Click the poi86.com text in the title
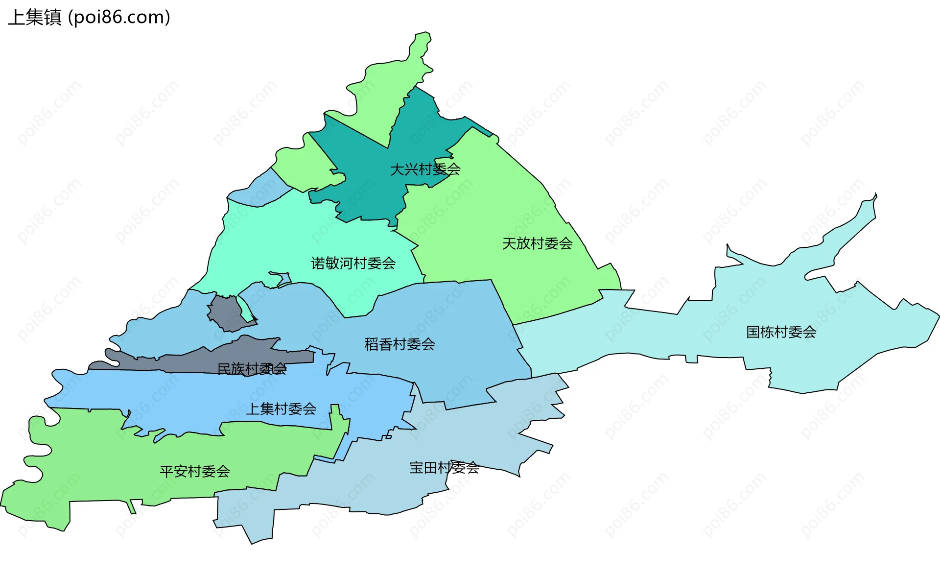coord(119,18)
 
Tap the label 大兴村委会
coord(425,169)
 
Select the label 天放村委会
coord(537,243)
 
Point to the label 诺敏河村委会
coord(353,264)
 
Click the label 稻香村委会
coord(399,344)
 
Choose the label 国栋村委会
coord(781,332)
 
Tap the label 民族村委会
coord(252,369)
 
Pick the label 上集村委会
coord(281,408)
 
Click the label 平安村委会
coord(194,471)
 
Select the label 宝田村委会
coord(444,468)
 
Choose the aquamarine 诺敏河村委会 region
coord(274,235)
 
